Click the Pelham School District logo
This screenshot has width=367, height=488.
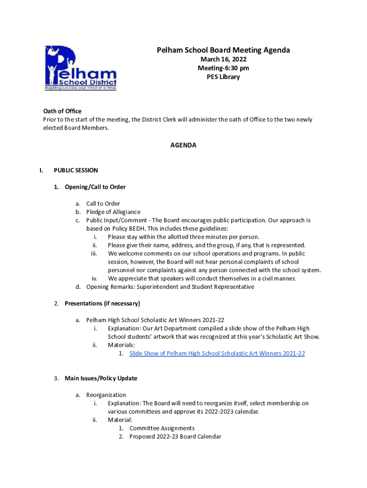80,68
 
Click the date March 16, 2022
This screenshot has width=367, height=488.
223,60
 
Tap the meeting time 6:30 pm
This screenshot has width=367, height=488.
233,68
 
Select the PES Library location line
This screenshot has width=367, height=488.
223,77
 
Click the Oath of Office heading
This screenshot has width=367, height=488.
62,112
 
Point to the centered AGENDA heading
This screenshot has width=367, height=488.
183,145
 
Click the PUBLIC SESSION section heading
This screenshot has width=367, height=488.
76,170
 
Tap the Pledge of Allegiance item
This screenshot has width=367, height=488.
113,212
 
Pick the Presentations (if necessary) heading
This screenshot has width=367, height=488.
102,303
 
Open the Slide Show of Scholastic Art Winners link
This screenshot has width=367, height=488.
217,353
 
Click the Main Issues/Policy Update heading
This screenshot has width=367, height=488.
101,378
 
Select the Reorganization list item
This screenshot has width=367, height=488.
106,395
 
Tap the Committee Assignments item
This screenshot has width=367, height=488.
162,428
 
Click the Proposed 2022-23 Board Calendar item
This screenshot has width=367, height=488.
175,437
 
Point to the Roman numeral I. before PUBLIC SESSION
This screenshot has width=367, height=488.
42,170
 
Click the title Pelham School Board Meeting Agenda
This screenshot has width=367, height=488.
223,50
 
